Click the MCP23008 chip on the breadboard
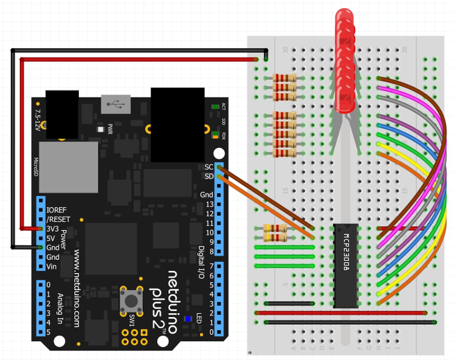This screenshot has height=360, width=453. tap(346, 265)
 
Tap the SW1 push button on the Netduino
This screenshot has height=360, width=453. tap(130, 300)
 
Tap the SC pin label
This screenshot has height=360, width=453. tap(208, 167)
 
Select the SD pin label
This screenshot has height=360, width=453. tap(208, 176)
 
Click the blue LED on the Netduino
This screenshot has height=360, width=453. tap(188, 319)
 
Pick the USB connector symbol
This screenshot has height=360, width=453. tap(115, 104)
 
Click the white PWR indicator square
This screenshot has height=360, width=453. tap(100, 130)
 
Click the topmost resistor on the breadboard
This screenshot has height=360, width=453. tap(284, 78)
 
